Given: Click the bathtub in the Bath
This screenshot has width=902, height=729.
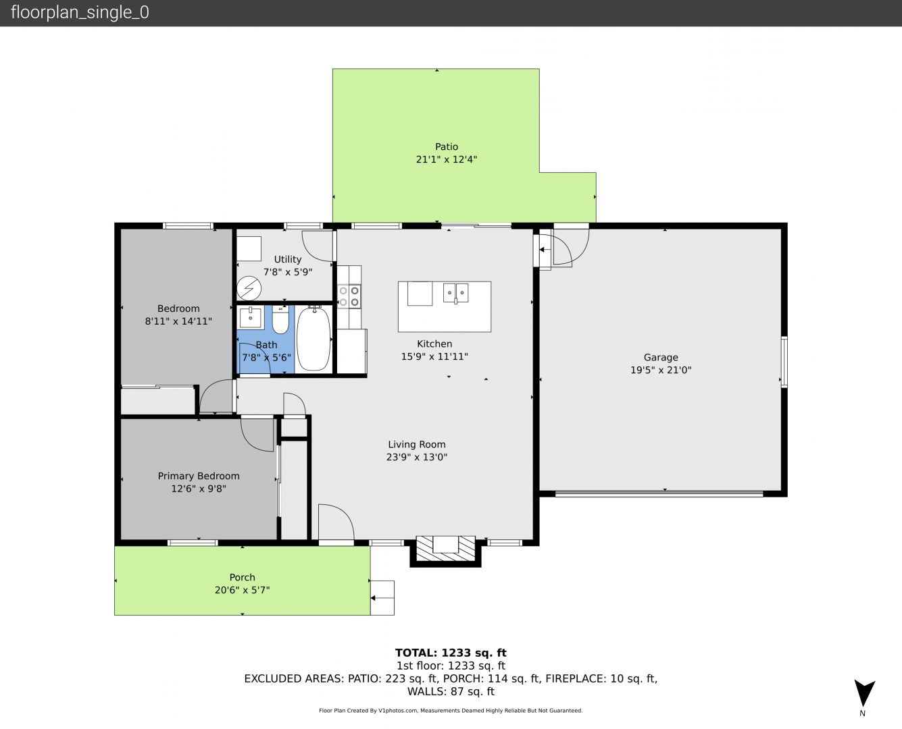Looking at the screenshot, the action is pyautogui.click(x=314, y=338).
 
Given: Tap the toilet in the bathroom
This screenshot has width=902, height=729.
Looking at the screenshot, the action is pyautogui.click(x=280, y=319).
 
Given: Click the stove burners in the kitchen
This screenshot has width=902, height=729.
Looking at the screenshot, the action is pyautogui.click(x=349, y=296).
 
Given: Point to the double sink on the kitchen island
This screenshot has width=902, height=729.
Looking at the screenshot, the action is pyautogui.click(x=455, y=293).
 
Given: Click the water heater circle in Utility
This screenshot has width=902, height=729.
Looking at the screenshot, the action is pyautogui.click(x=249, y=288).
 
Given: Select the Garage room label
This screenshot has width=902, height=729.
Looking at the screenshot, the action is pyautogui.click(x=661, y=358).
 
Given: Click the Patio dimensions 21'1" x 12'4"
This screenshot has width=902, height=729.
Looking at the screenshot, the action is pyautogui.click(x=447, y=159).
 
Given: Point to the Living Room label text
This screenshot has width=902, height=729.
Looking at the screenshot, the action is pyautogui.click(x=417, y=444).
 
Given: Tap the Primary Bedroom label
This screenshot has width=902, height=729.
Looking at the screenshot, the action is pyautogui.click(x=199, y=476).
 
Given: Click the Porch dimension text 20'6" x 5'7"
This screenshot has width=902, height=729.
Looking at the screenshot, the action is pyautogui.click(x=243, y=590).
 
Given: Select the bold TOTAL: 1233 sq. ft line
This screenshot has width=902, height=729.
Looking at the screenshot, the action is pyautogui.click(x=451, y=653).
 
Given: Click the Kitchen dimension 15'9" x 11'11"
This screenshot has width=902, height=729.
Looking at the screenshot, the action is pyautogui.click(x=434, y=356).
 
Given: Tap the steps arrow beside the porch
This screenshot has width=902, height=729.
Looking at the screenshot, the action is pyautogui.click(x=379, y=598).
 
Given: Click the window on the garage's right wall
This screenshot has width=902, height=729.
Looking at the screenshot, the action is pyautogui.click(x=784, y=362).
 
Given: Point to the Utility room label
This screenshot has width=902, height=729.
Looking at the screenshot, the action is pyautogui.click(x=288, y=259).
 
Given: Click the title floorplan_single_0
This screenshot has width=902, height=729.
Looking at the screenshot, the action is pyautogui.click(x=80, y=13).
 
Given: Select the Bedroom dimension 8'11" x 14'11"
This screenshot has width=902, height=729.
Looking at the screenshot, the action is pyautogui.click(x=178, y=321).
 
